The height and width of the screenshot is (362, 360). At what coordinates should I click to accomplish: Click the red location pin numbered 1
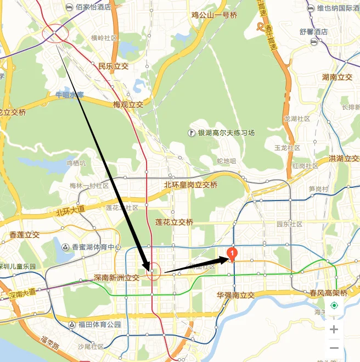coord(232,254)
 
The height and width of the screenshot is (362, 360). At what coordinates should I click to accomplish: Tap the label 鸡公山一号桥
coord(214,15)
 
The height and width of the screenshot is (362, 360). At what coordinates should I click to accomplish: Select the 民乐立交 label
coord(113,66)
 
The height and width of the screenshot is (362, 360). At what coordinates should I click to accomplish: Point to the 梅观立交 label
coord(128,104)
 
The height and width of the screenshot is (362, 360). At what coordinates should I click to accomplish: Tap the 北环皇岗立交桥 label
coord(190,185)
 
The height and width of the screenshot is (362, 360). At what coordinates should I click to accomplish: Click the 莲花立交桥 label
coord(174,222)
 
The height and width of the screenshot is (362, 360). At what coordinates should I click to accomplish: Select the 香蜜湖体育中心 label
coord(92,247)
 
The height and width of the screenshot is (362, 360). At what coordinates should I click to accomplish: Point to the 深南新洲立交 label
coord(116,278)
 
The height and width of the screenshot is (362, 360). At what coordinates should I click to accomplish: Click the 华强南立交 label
coord(236,295)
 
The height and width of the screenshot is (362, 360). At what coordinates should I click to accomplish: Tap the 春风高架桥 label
coord(328,293)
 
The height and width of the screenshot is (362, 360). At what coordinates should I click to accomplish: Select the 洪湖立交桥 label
coord(344,159)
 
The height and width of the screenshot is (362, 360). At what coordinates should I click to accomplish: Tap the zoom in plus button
coord(334,330)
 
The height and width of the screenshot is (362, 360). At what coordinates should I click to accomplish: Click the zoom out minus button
coord(334,348)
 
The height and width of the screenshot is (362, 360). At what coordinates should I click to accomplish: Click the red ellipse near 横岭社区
coord(55,34)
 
